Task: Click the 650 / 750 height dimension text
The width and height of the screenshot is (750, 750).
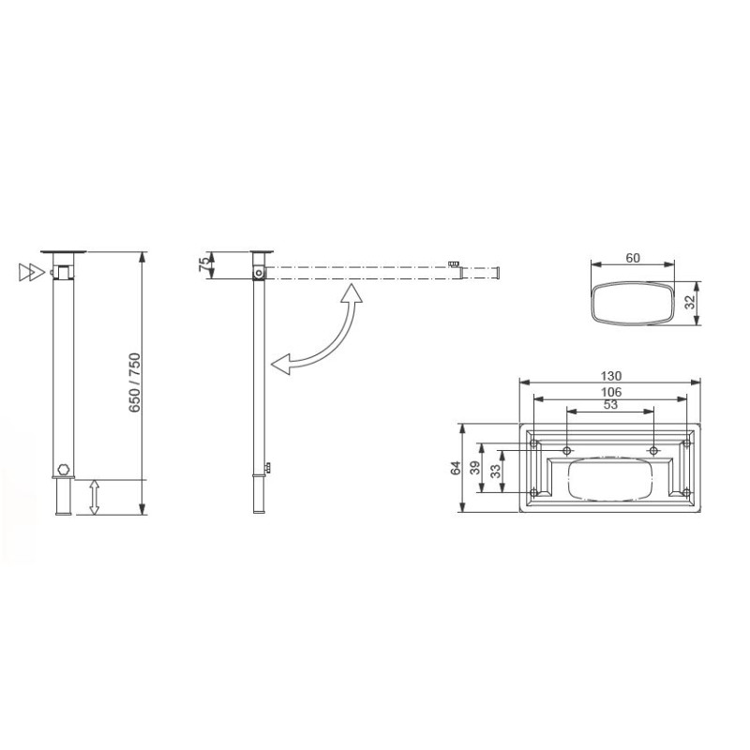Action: [134, 383]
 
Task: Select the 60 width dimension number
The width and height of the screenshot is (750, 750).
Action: [633, 258]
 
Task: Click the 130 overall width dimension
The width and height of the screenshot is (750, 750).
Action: [610, 376]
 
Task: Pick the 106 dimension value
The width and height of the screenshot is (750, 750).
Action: [610, 391]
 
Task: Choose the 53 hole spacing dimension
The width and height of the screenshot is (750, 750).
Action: [610, 405]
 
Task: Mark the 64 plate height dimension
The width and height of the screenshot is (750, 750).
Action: [457, 469]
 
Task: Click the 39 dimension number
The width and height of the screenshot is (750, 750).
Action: [474, 468]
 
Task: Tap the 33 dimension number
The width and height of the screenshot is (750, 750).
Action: [497, 467]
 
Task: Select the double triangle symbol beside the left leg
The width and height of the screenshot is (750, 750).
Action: [31, 273]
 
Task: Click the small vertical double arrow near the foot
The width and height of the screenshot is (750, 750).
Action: [94, 497]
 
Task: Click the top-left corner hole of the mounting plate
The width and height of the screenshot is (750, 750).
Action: [534, 442]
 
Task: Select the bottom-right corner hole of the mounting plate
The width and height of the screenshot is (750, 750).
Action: [687, 493]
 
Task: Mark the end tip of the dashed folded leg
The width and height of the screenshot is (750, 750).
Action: [500, 273]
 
